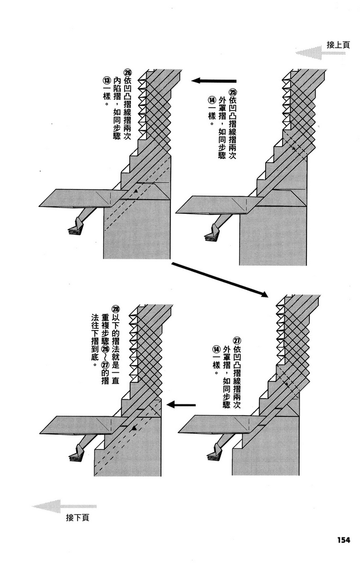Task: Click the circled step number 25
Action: (x=233, y=92)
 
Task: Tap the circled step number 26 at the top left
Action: (x=128, y=73)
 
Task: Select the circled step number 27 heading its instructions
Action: (x=237, y=341)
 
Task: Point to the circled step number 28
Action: (x=116, y=309)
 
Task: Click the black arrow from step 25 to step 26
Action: (x=214, y=81)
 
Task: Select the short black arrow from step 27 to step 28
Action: (x=183, y=404)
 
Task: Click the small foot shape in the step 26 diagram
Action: (x=76, y=227)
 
